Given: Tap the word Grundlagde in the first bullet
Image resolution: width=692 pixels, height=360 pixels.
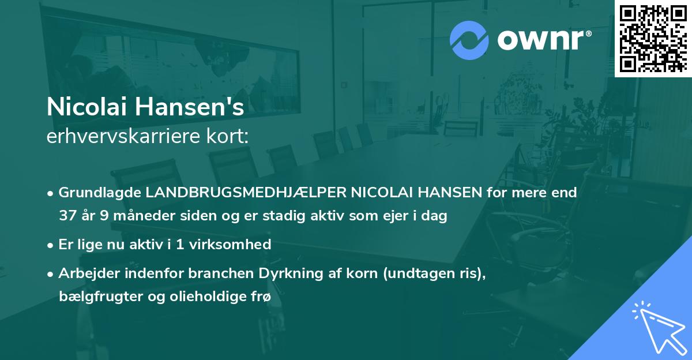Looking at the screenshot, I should pos(99,193).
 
